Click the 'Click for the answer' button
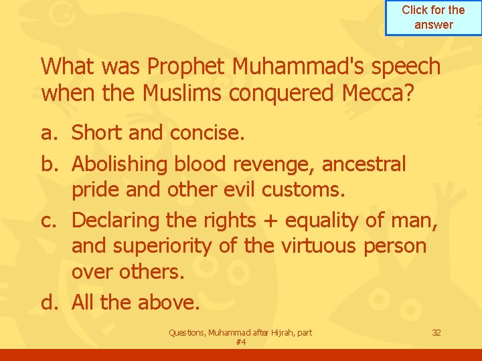[x=433, y=17]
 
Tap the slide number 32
[x=436, y=332]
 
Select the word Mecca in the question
[x=370, y=94]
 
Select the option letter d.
[x=50, y=303]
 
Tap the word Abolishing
[x=120, y=163]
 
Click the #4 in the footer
[x=241, y=342]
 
